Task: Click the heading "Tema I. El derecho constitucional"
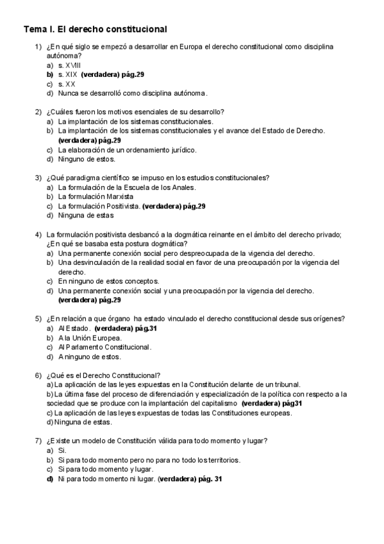tap(95, 29)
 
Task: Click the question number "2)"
tap(38, 112)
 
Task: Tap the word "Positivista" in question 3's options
tap(122, 206)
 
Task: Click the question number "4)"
tap(38, 234)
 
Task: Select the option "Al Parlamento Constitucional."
tap(104, 347)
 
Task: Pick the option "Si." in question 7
tap(62, 451)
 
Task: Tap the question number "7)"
tap(38, 441)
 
